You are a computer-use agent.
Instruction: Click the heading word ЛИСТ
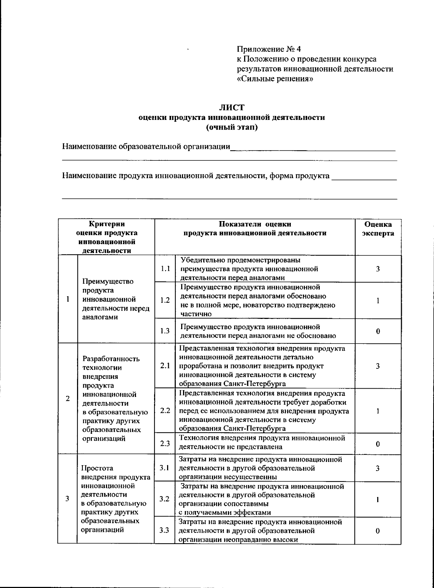(232, 107)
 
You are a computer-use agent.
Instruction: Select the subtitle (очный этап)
(232, 127)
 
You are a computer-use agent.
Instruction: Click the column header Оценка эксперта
(378, 229)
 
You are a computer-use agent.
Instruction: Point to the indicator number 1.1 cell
(165, 269)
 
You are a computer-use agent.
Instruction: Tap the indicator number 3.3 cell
(165, 531)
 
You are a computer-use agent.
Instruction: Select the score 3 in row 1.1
(378, 269)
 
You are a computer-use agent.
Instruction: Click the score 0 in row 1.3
(378, 331)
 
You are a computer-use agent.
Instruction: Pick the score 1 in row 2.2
(378, 411)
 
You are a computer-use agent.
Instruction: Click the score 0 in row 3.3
(378, 531)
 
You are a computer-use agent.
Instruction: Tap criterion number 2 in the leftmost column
(68, 399)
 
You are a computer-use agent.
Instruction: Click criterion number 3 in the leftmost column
(67, 499)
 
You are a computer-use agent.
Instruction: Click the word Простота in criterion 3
(97, 468)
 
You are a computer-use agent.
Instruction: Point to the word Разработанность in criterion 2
(111, 359)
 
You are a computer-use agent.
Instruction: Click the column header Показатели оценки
(255, 224)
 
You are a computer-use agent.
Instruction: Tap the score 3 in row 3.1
(378, 468)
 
